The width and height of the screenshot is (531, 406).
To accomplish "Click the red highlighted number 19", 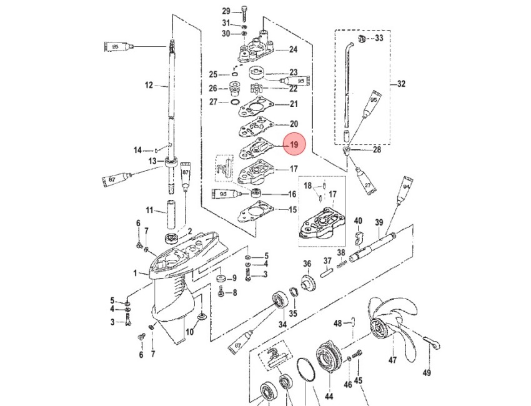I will click(294, 145).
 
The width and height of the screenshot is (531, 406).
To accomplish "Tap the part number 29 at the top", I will click(226, 11).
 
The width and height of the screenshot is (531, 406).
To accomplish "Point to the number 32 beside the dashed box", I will click(401, 83).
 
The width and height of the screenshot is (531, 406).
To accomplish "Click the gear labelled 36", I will click(307, 283).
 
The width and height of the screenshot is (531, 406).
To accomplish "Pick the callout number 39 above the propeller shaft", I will click(379, 223).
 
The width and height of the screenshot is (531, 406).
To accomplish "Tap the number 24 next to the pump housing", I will click(293, 49).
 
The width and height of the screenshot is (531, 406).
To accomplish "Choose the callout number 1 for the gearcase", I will click(136, 273).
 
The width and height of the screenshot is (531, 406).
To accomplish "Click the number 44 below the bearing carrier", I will click(329, 396).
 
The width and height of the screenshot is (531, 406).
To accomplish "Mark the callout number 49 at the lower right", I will click(427, 373).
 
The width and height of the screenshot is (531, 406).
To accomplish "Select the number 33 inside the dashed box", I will click(379, 39).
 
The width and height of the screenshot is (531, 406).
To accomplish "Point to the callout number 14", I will click(139, 150).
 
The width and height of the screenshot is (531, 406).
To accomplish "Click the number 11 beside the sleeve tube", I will click(149, 209).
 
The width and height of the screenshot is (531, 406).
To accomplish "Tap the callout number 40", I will click(358, 221).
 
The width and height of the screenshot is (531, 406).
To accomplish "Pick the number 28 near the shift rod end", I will click(377, 150).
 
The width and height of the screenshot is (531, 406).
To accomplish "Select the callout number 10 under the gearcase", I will click(189, 332).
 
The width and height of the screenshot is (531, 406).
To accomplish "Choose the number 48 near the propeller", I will click(338, 324).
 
